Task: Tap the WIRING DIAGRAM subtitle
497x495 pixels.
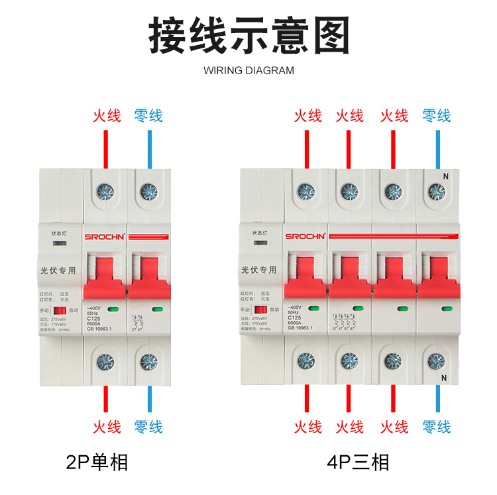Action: [x=248, y=70]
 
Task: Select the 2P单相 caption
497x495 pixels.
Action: [x=97, y=461]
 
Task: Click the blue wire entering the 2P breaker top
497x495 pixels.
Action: [x=149, y=148]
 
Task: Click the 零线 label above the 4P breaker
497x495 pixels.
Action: [x=436, y=116]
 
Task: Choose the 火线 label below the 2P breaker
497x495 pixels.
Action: [x=106, y=426]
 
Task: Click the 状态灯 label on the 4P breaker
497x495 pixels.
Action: [x=259, y=233]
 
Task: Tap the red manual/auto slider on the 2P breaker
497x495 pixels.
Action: [x=60, y=310]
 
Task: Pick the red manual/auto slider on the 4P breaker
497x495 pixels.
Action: [x=261, y=310]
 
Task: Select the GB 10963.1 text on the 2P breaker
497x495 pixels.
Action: [x=101, y=329]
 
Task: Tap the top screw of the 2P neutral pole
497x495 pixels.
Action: [x=149, y=192]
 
